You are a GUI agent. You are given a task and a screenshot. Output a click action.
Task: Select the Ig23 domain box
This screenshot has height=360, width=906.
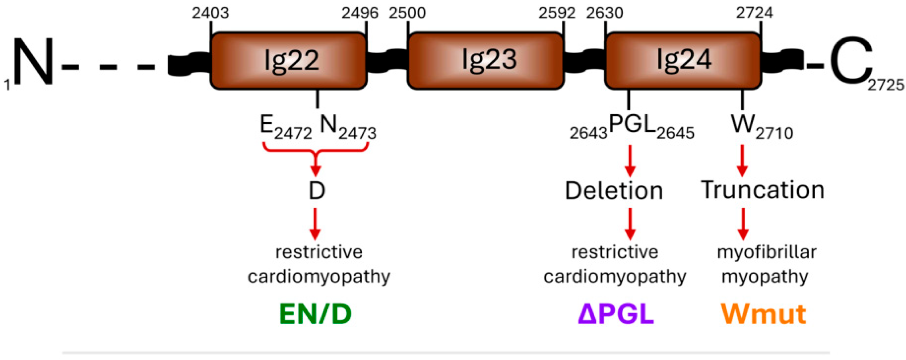(485, 61)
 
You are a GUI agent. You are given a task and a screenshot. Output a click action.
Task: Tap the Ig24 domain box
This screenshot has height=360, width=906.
(683, 61)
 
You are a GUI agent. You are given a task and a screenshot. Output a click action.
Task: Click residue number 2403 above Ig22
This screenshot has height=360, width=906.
(210, 13)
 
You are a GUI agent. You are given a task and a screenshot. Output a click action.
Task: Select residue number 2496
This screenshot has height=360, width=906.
(360, 13)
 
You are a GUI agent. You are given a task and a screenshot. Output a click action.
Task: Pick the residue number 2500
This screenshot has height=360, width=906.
(407, 13)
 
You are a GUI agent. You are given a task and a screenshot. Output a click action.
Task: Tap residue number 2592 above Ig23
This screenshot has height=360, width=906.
(557, 13)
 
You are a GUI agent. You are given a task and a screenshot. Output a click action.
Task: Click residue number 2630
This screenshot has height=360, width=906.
(605, 13)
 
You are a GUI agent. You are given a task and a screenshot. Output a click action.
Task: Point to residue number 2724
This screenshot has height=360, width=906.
(754, 13)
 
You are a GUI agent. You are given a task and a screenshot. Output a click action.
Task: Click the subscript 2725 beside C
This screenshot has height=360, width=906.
(886, 85)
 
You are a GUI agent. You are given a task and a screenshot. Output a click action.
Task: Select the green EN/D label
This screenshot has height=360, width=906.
(315, 314)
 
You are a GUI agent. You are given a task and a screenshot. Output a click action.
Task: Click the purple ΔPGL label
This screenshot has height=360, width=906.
(616, 314)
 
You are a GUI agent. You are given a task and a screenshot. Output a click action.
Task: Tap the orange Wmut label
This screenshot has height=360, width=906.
(763, 314)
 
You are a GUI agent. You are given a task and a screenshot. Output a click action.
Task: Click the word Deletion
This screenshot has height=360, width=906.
(614, 191)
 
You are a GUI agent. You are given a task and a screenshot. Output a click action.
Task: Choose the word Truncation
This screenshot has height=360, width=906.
(762, 190)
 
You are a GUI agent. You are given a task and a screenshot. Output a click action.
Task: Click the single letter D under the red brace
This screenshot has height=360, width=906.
(316, 191)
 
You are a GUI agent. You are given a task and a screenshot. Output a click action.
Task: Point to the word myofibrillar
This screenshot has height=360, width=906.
(767, 252)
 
